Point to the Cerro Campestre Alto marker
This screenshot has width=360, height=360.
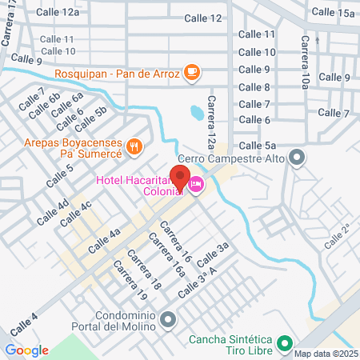296,158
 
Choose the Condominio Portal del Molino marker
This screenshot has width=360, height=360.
167,321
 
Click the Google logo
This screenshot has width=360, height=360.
26,350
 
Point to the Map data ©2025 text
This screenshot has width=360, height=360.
326,354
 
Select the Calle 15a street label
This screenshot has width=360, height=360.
333,12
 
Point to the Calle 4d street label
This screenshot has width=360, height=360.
51,210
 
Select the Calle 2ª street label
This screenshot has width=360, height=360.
338,237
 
